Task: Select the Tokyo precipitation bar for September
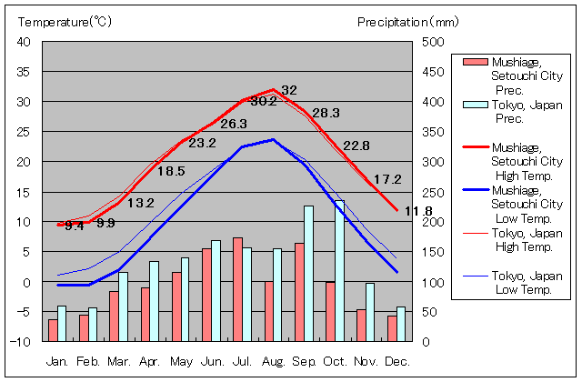point(308,273)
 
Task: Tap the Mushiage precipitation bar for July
point(237,289)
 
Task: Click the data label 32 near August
point(289,90)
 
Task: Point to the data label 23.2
point(202,143)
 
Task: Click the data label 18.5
point(171,170)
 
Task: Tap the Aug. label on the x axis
point(274,361)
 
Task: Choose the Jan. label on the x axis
point(57,361)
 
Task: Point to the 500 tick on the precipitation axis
point(434,42)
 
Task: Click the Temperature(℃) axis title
point(64,21)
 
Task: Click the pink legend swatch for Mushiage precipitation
point(474,63)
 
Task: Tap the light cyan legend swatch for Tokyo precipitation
point(474,104)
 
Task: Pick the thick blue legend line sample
point(473,191)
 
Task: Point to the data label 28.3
point(325,113)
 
